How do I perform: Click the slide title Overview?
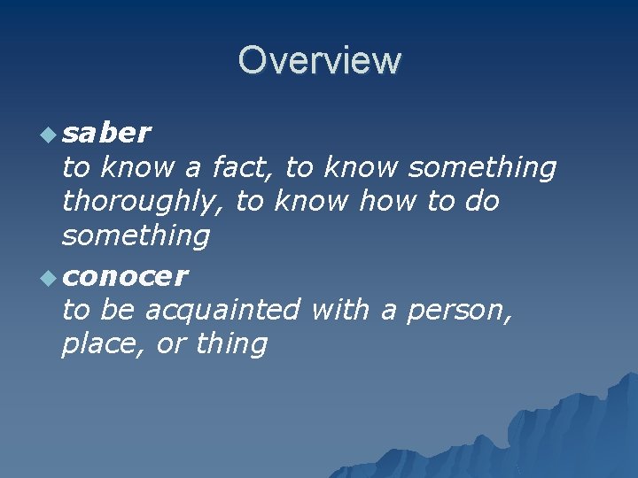tap(319, 60)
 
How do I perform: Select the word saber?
tap(107, 133)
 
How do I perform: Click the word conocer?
tap(125, 277)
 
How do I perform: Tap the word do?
tap(480, 202)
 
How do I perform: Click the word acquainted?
tap(222, 311)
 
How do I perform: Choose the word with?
tap(339, 310)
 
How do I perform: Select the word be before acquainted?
tap(118, 310)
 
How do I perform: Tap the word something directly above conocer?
tap(136, 236)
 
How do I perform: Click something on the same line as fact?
tap(483, 167)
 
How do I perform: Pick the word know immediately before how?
tap(312, 202)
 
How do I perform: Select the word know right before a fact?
tap(137, 166)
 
